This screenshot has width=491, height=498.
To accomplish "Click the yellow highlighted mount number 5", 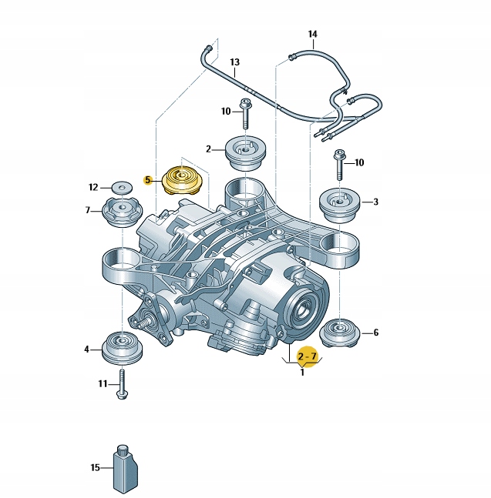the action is [182, 181].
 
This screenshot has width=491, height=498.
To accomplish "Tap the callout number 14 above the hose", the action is [313, 34].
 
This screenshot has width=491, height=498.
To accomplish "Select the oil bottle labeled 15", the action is [126, 470].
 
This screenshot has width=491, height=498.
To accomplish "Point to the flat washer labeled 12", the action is [122, 187].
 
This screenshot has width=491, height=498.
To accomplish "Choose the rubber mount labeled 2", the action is [245, 153].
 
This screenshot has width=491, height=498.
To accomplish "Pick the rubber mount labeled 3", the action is [339, 206].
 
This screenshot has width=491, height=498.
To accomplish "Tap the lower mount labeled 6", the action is [339, 333].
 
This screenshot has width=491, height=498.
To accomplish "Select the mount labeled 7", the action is [122, 212].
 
